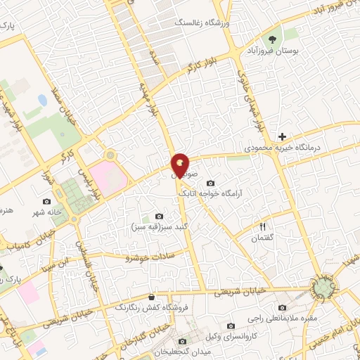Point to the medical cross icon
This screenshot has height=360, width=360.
(x=282, y=136)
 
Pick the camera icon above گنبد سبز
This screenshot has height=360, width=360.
(x=158, y=216)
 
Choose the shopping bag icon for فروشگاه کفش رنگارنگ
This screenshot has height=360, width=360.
(x=151, y=297)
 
